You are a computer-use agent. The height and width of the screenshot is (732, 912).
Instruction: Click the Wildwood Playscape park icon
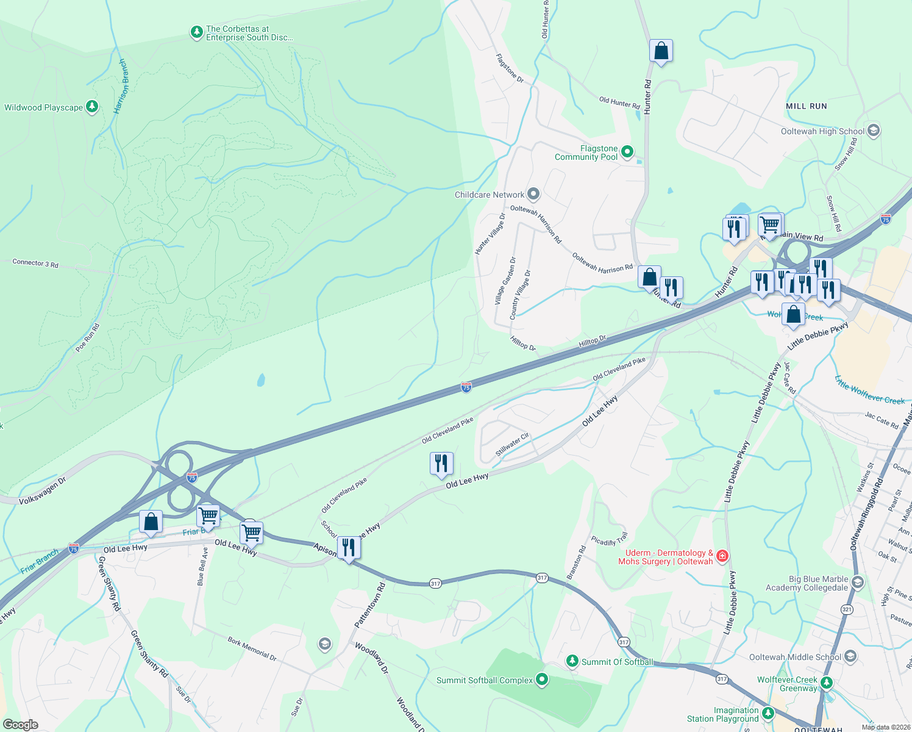pos(92,107)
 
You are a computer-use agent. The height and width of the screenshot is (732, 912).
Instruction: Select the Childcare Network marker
pos(533,195)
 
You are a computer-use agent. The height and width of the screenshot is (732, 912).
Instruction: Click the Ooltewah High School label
pos(822,131)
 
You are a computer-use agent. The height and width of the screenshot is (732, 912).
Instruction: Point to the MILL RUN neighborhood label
pos(806,106)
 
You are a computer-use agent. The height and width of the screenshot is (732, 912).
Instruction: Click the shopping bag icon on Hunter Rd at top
pos(661,51)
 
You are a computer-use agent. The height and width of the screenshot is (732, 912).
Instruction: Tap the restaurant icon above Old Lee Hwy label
pos(441,464)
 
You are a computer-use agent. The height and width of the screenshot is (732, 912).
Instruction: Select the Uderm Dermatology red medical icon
pos(722,556)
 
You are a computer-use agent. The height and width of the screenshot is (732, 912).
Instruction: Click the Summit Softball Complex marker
pos(542,680)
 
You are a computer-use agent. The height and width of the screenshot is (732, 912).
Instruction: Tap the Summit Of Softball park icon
pos(572,661)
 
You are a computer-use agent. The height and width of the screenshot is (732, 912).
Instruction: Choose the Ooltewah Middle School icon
pos(850,657)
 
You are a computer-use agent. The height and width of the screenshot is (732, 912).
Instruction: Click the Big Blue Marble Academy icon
pos(858,583)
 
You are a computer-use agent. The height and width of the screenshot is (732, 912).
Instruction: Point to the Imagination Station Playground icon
pos(768,713)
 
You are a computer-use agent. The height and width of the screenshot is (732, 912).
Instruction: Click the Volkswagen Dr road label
pos(42,492)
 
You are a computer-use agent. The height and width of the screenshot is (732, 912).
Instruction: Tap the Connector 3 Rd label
pos(35,264)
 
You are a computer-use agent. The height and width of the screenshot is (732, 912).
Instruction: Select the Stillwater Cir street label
pos(512,445)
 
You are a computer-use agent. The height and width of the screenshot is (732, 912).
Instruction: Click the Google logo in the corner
pos(20,724)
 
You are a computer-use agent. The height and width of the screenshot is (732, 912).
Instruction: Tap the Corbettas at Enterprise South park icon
pos(196,32)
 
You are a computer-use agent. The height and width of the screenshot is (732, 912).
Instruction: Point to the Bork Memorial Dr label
pos(252,649)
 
